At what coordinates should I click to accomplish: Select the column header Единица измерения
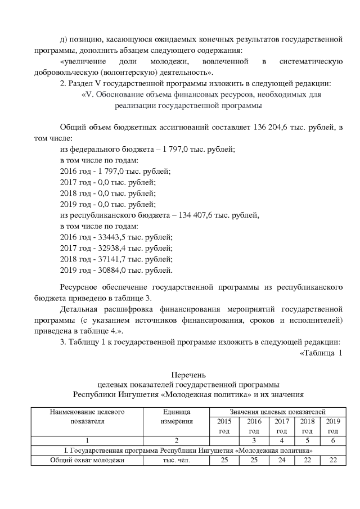177,416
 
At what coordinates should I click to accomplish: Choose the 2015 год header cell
224,426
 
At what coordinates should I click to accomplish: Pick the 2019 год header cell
332,426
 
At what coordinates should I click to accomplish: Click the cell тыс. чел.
177,461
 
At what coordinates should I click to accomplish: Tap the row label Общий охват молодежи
87,461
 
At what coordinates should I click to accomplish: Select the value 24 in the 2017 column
282,461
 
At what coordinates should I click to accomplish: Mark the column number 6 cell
332,440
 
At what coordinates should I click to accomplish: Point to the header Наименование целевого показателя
87,416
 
